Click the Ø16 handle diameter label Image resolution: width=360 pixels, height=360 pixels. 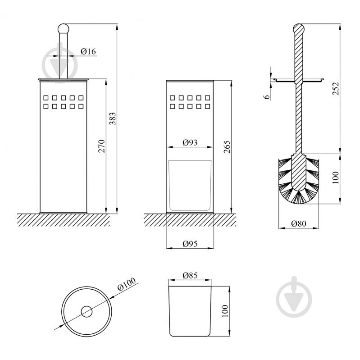88,52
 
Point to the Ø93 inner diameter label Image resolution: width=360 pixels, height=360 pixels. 190,142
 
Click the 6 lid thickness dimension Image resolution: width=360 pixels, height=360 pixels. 267,96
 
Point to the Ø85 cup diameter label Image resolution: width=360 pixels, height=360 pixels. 191,274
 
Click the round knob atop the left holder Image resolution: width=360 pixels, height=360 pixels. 63,28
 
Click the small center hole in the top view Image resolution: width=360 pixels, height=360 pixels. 86,311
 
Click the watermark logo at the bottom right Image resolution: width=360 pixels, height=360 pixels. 293,296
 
